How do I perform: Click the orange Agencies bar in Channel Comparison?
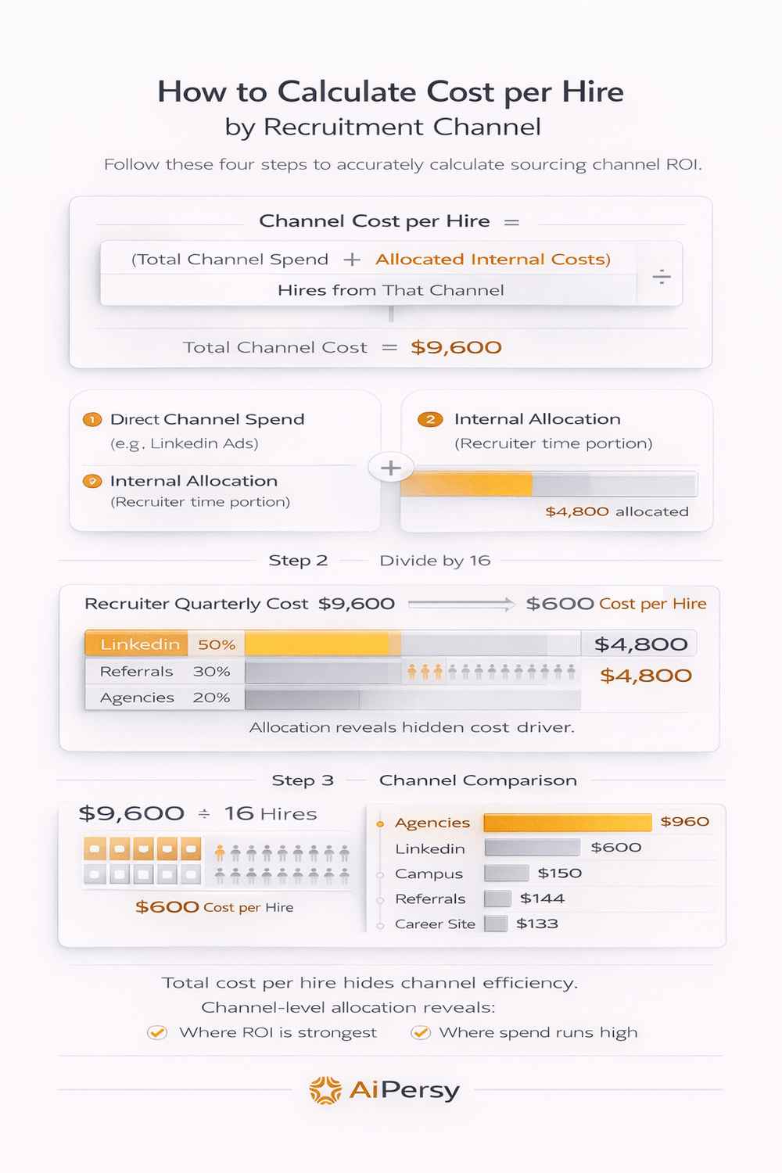tap(567, 822)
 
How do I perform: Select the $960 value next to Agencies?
tap(684, 822)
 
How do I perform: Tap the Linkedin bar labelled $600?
tap(532, 848)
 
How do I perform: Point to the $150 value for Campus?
tap(559, 873)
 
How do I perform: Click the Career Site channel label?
tap(435, 924)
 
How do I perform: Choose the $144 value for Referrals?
tap(542, 899)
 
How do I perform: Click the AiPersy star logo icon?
tap(325, 1090)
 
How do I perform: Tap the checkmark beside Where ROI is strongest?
tap(157, 1033)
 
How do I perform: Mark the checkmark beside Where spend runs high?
tap(421, 1033)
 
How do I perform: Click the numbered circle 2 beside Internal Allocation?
tap(430, 420)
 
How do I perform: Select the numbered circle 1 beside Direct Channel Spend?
tap(92, 420)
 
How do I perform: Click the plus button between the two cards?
tap(391, 468)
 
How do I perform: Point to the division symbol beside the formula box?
tap(662, 276)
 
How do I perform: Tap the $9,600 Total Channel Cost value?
tap(456, 347)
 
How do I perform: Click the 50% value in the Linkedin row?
tap(217, 645)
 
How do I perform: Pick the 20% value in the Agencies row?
tap(211, 698)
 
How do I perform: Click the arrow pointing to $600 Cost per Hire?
tap(461, 604)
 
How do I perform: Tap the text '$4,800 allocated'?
tap(616, 511)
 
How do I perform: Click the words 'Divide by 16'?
tap(435, 561)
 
